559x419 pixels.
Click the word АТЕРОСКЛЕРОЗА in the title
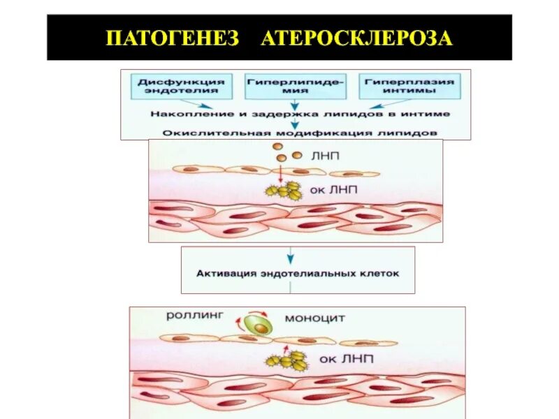pos(357,37)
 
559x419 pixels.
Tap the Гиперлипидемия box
pos(296,87)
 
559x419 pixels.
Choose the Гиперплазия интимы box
pos(407,87)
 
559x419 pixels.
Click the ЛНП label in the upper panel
pos(326,156)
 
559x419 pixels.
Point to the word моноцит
pos(314,318)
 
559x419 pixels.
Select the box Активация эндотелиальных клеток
pos(298,273)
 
